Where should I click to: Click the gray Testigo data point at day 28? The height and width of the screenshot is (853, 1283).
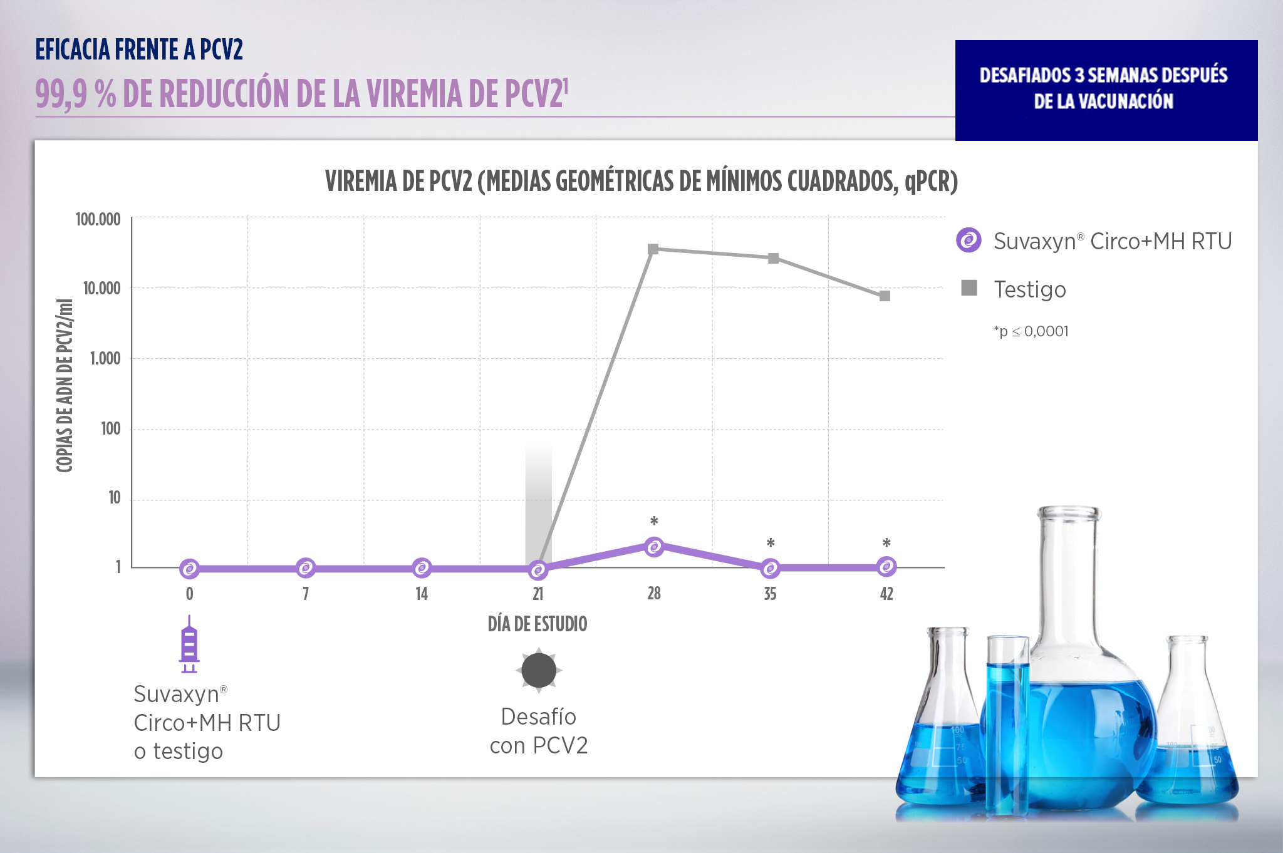click(653, 249)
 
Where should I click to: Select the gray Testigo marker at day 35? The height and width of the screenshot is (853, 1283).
click(774, 259)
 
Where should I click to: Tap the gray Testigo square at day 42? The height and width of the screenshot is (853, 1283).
click(885, 296)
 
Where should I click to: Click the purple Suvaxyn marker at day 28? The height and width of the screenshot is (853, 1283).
click(654, 547)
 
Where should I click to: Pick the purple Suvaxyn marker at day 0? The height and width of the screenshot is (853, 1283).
click(189, 569)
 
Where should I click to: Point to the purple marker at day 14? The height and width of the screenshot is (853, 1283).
click(422, 568)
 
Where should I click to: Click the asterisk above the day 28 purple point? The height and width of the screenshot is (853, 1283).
click(654, 521)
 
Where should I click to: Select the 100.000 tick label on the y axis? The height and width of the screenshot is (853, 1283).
click(98, 219)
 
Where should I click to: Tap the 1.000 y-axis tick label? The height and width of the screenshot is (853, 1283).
click(105, 358)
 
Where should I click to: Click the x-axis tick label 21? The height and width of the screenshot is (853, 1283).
click(538, 594)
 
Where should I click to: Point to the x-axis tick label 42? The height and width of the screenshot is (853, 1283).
click(886, 594)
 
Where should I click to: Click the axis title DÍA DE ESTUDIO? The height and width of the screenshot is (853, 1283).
click(538, 624)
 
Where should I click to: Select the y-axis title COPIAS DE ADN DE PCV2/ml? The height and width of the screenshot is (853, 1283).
click(65, 385)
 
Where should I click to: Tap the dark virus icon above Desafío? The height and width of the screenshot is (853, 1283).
click(539, 670)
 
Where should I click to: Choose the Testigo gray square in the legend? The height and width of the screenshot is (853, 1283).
click(969, 288)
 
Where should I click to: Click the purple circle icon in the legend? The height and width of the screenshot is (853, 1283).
click(969, 240)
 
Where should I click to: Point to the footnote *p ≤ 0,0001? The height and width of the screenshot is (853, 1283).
click(1031, 331)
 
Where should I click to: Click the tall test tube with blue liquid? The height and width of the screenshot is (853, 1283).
click(1007, 726)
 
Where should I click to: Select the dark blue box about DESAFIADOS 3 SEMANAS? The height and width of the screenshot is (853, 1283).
click(1106, 90)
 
